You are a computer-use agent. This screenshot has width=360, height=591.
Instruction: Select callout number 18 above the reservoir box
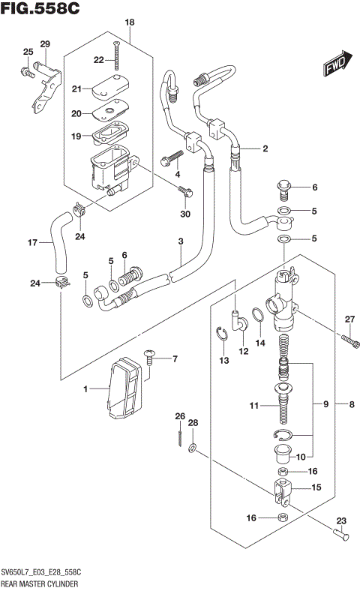click(129, 23)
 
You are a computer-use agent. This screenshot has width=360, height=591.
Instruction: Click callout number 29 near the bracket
click(44, 44)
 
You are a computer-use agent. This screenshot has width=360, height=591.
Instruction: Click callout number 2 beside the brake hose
click(265, 149)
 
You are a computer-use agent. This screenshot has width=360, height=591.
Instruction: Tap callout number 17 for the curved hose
click(32, 242)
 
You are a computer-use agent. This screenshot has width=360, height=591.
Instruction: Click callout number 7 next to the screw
click(175, 358)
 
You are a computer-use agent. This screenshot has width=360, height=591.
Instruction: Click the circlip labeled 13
click(223, 334)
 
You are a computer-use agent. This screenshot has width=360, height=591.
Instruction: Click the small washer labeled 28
click(193, 448)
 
